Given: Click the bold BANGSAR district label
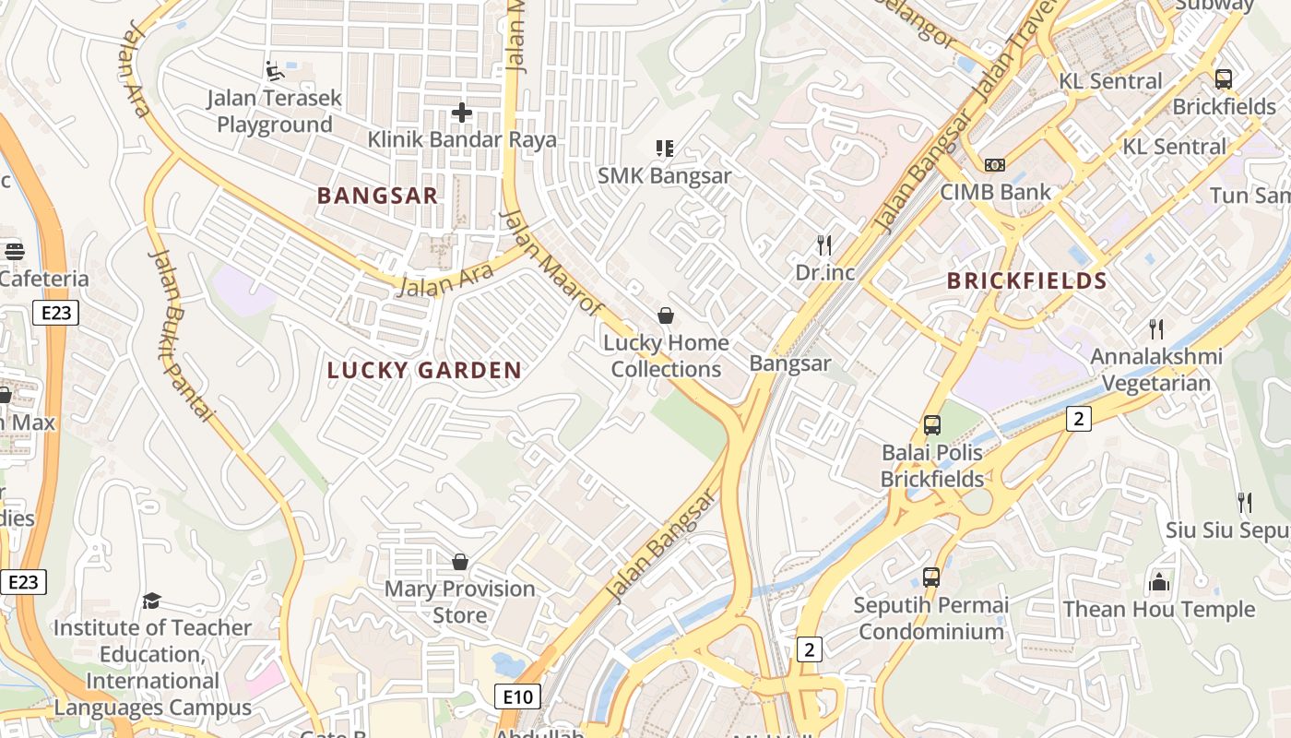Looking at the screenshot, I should pos(377,196).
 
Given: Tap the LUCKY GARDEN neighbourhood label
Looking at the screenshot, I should pos(424,371).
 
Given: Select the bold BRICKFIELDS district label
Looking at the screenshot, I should pos(1027,281).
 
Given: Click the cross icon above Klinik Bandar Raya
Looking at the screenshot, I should pos(462,113).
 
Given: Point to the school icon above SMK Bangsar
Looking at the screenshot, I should pos(664,148).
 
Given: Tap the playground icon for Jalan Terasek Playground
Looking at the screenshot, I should pos(274,70).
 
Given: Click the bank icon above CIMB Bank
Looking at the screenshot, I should pos(994,164).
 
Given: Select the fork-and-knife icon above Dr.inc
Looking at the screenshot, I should pos(824,244).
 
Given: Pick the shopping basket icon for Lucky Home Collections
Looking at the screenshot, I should pos(665,315).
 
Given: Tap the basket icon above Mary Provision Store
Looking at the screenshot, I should pos(459,561).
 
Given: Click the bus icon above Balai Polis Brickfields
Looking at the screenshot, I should pos(931,425).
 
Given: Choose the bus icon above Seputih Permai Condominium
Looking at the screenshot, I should pos(930,577).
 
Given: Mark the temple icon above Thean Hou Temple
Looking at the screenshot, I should pos(1158,582).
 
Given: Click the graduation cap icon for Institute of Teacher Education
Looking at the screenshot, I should pos(151,601).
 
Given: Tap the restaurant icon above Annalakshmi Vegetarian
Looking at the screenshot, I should pos(1155,328).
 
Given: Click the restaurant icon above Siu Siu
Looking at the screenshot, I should pos(1244,502).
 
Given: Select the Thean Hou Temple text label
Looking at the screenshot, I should pos(1158,609).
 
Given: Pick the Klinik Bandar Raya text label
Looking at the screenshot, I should pos(462,139).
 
